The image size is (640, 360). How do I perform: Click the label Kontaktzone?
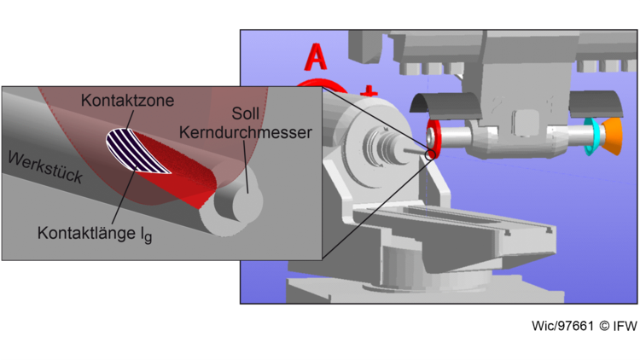coord(127,101)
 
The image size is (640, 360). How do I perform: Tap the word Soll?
coord(245,113)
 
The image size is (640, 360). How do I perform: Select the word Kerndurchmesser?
coord(245,132)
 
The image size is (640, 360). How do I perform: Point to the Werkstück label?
coord(45,167)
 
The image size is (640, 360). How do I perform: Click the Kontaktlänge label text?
coord(95,234)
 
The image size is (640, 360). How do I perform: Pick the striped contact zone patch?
coord(137,151)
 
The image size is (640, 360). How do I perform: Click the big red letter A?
coord(316,57)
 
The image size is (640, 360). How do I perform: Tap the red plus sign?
coord(369,91)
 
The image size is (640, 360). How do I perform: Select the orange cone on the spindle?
coord(612,136)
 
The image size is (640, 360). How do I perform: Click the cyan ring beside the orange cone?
coord(589,136)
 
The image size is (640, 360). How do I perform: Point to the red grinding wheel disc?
coord(433,139)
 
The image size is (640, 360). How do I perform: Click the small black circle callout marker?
coord(430,154)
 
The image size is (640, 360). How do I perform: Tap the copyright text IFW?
coord(625,326)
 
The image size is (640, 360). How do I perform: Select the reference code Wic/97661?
coord(562,326)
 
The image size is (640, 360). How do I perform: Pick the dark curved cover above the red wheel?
coord(446,103)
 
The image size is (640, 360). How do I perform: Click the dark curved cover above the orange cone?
coord(596,104)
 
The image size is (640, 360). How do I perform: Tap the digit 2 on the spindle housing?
coord(497,105)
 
